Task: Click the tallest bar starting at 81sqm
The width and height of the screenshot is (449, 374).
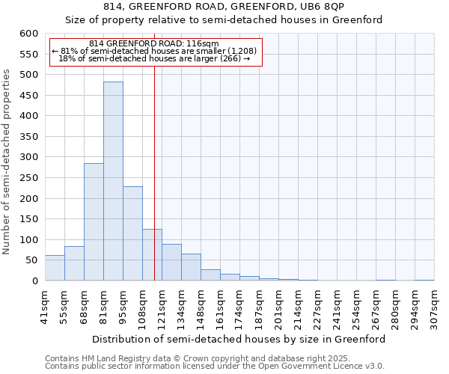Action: point(113,181)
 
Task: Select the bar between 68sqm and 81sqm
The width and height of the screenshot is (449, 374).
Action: point(94,222)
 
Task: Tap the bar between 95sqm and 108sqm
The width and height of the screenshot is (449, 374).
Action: point(132,233)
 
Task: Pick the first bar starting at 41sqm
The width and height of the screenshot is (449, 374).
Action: point(55,268)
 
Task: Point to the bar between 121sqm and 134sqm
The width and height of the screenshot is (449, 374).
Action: point(171,263)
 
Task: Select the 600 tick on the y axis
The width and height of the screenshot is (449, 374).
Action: point(28,34)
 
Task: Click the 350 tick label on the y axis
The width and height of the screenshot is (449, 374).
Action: point(28,137)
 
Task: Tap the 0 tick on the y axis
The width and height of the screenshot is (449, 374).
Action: point(34,281)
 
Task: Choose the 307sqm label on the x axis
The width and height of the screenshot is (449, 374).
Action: point(434,307)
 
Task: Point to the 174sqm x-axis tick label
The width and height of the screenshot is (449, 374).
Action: point(239,307)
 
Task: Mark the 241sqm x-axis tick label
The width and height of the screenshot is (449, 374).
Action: point(337,307)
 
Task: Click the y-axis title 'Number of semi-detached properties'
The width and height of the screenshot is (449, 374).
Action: point(7,162)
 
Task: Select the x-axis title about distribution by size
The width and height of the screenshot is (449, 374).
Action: point(239,339)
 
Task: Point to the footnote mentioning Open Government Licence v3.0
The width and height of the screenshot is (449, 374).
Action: point(215,366)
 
